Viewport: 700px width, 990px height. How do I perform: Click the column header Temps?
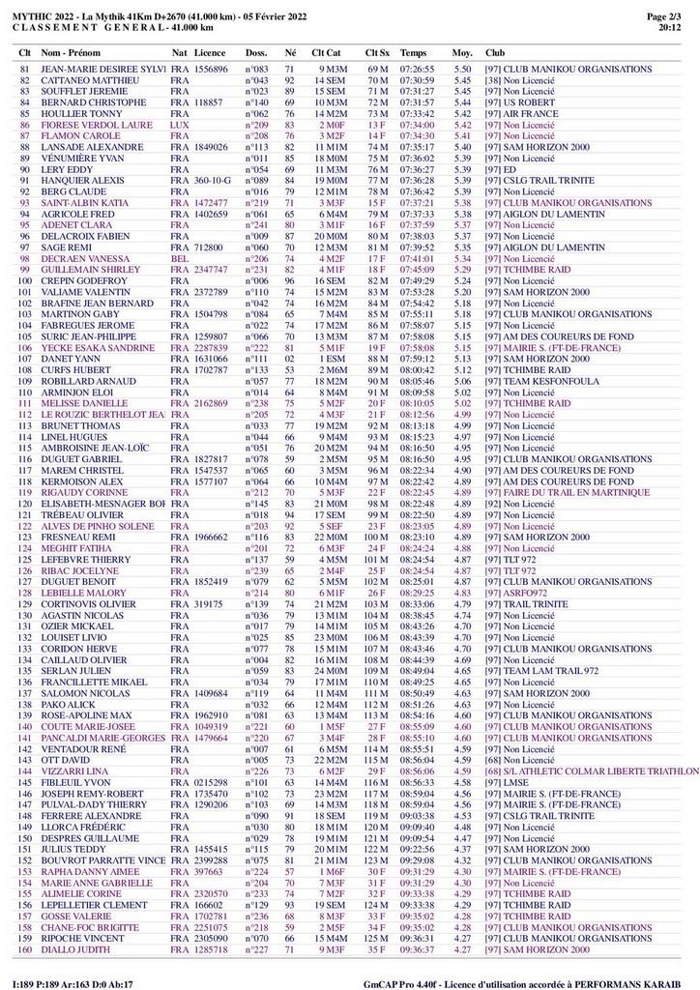(x=413, y=51)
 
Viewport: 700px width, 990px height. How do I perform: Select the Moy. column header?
(x=463, y=51)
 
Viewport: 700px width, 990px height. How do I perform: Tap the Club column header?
(x=494, y=51)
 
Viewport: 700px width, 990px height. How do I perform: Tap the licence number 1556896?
(x=211, y=71)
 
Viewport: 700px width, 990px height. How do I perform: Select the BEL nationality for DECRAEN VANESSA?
(x=179, y=259)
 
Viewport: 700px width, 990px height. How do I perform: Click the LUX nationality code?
(x=179, y=126)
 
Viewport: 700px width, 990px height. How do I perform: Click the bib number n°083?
(x=256, y=71)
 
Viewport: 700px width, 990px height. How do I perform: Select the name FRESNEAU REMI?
(x=78, y=537)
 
